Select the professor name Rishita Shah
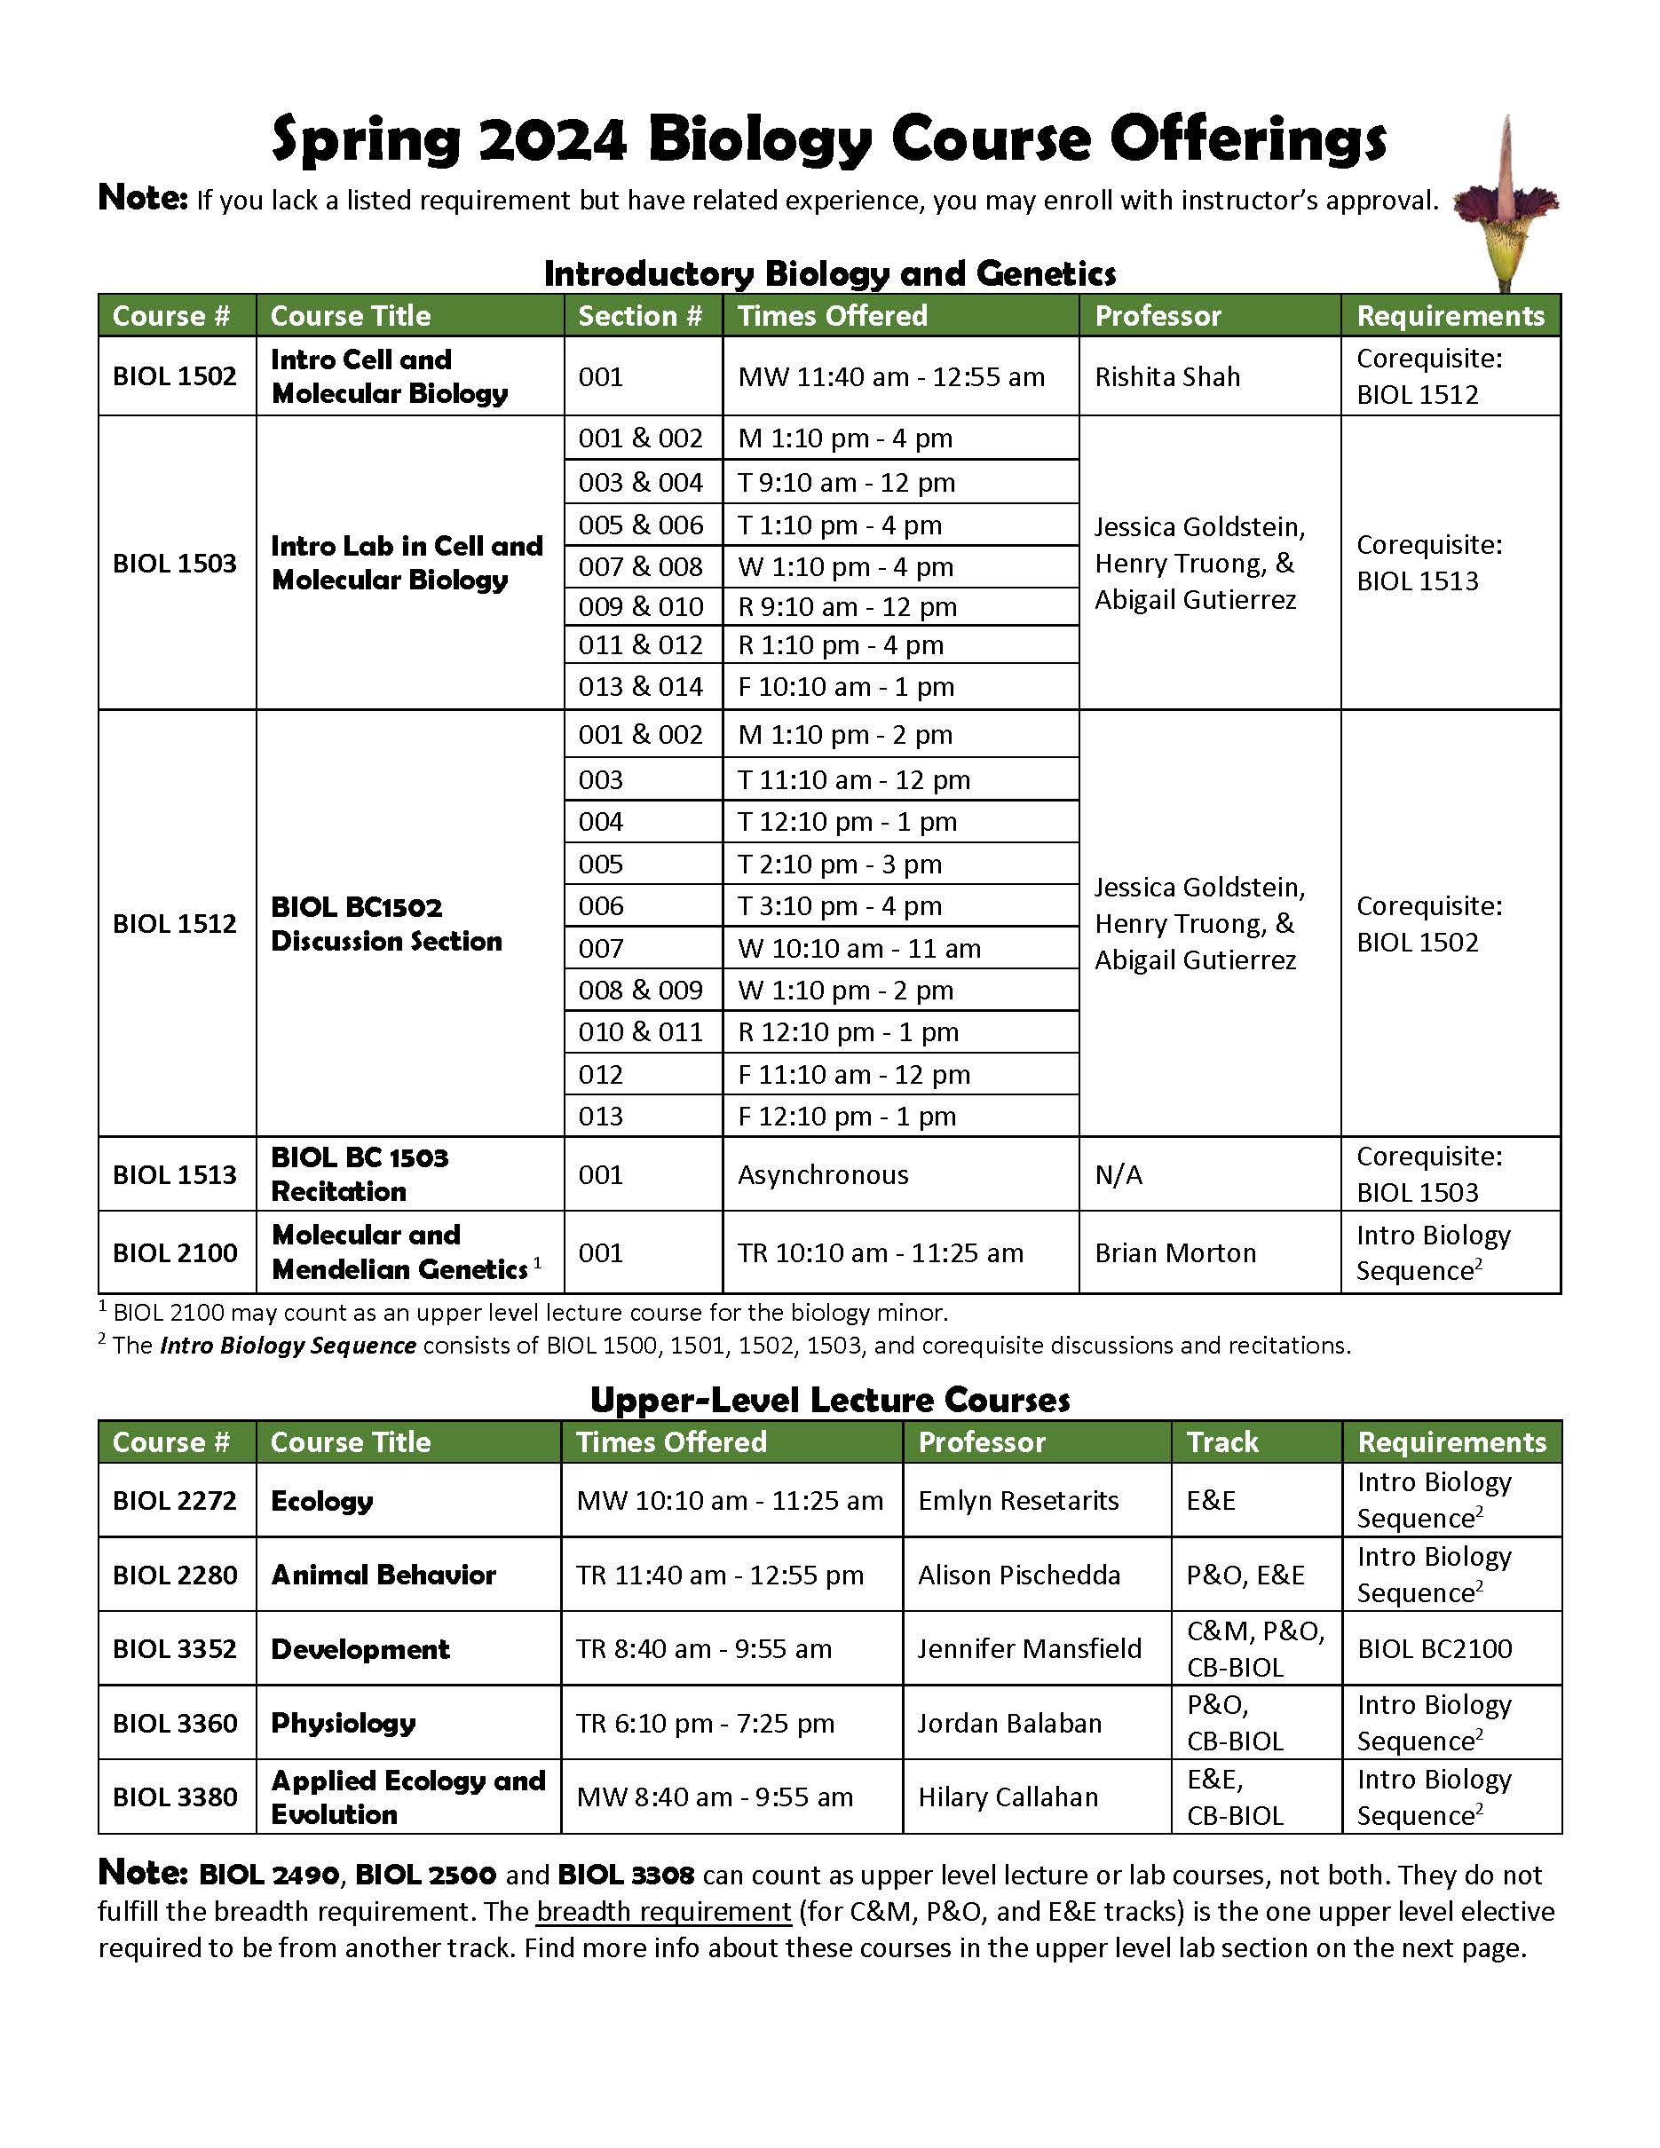point(1167,376)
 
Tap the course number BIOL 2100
point(175,1252)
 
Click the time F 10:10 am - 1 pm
point(846,686)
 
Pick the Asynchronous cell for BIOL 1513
point(823,1174)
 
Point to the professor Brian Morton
point(1175,1252)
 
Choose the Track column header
point(1221,1441)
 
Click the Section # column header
point(640,316)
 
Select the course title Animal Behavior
point(383,1575)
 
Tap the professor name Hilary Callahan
point(1008,1797)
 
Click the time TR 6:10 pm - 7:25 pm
point(705,1723)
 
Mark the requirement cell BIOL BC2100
point(1434,1648)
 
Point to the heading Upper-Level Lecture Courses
point(829,1400)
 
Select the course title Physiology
point(344,1723)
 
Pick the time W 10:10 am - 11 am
point(858,948)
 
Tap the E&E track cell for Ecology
point(1211,1500)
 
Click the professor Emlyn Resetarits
point(1018,1500)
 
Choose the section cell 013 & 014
point(640,686)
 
